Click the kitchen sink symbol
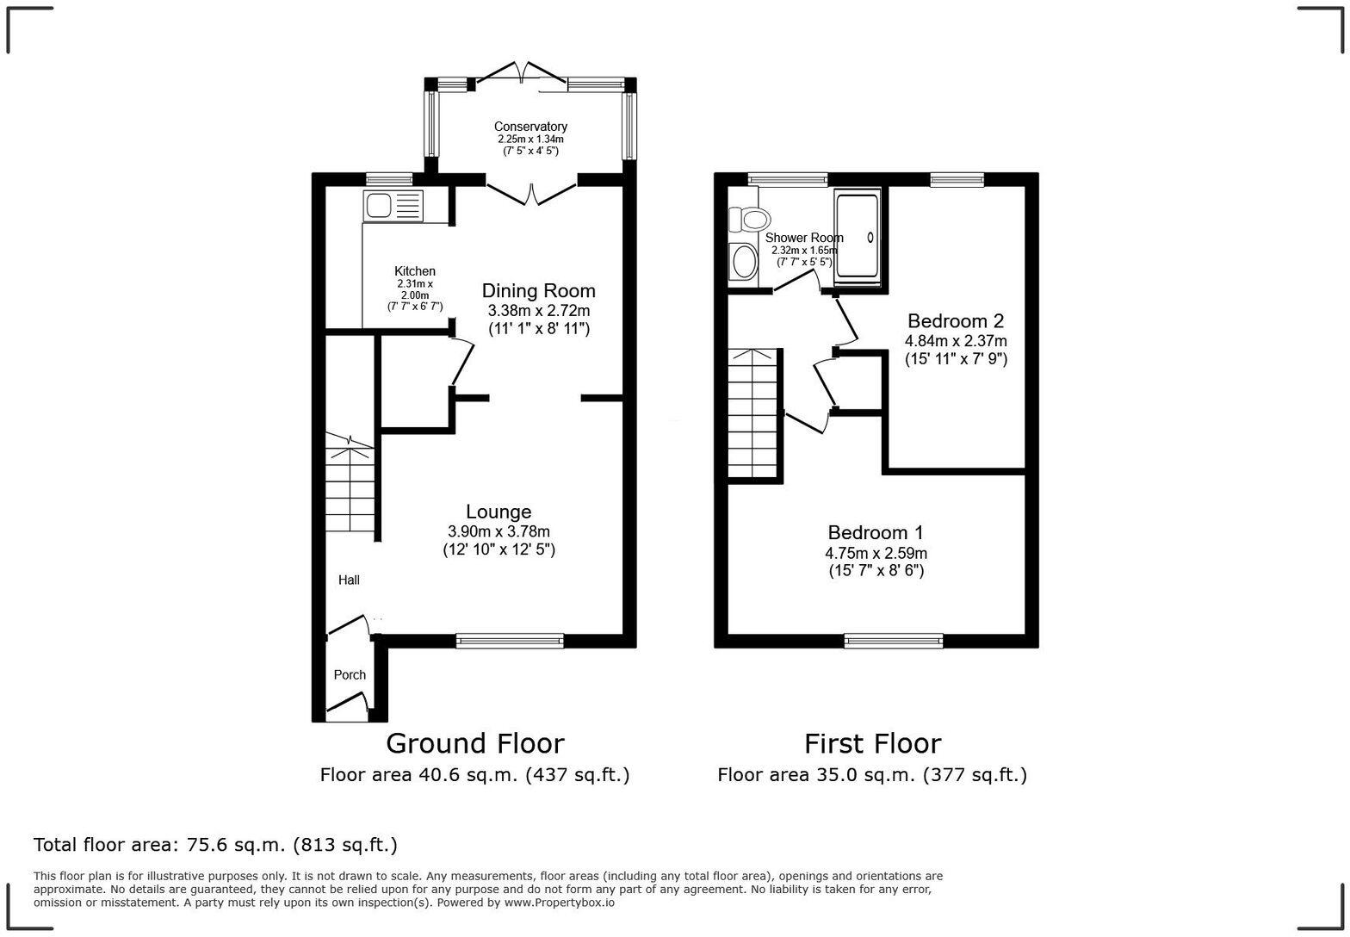(x=393, y=206)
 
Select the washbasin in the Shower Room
(x=744, y=262)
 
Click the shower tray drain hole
(x=870, y=238)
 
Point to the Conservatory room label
(x=530, y=127)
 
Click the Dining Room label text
(x=538, y=290)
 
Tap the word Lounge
(x=499, y=512)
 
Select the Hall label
(x=349, y=580)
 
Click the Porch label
(x=350, y=674)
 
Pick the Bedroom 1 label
(x=875, y=532)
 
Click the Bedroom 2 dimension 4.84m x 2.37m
(x=956, y=341)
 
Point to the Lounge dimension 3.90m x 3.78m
(x=499, y=531)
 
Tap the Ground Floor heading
(x=475, y=743)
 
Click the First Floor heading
(x=873, y=743)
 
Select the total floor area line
(x=215, y=845)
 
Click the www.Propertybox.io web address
(x=560, y=903)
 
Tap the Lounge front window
(x=510, y=641)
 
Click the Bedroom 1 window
(x=893, y=641)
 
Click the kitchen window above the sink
(x=389, y=179)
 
